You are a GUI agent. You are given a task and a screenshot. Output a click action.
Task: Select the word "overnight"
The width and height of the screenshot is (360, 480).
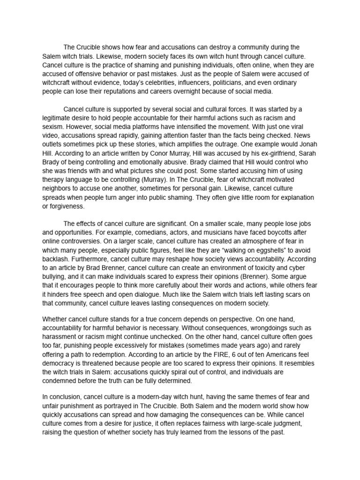(x=184, y=91)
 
